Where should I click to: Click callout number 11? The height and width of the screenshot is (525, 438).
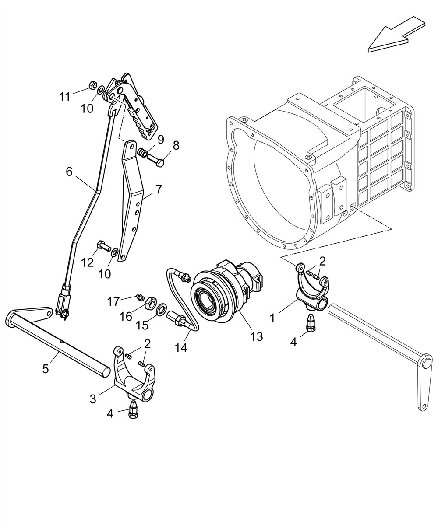[x=64, y=97]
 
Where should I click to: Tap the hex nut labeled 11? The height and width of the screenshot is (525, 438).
[x=92, y=85]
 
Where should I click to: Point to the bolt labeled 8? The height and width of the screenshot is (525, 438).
[x=155, y=160]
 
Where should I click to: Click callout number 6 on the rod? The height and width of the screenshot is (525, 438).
[x=69, y=171]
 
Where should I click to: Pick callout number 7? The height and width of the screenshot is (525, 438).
[x=159, y=189]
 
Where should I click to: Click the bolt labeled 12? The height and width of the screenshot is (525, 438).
[x=104, y=245]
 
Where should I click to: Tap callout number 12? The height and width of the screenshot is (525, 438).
[x=87, y=263]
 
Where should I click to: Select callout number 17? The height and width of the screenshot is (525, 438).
[x=113, y=301]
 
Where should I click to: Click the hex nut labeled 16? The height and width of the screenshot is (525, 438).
[x=151, y=301]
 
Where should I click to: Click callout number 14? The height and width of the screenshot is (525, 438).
[x=181, y=348]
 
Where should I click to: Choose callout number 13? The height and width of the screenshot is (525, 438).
[x=257, y=336]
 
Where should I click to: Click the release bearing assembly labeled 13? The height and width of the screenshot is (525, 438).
[x=226, y=292]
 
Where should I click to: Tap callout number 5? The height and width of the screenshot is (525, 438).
[x=45, y=369]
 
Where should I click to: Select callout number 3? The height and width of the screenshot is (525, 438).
[x=93, y=399]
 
